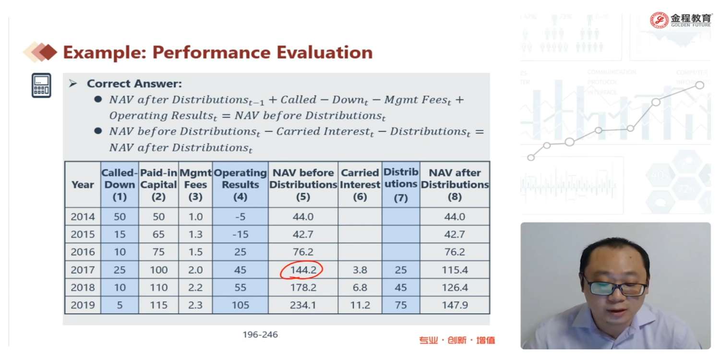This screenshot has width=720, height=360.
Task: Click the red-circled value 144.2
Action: point(303,270)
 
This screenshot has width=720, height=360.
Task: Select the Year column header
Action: point(83,185)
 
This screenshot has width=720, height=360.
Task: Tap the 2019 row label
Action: point(83,305)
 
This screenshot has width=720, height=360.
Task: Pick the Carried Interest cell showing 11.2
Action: point(360,305)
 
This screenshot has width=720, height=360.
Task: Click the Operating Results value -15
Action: point(240,235)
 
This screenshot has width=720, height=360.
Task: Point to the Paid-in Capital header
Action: point(158,185)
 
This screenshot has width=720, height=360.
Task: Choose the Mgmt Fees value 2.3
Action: point(195,305)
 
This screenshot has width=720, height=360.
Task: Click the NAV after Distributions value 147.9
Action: point(455,305)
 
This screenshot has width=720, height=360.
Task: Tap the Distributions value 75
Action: point(400,305)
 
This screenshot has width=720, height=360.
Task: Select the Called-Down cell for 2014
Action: point(120,217)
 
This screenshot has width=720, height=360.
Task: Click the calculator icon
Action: point(41,85)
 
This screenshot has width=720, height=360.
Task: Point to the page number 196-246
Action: point(260,335)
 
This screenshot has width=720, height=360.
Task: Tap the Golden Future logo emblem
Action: point(659,20)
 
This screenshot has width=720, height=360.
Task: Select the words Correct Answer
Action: point(134,84)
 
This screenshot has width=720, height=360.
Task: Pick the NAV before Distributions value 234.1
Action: point(303,305)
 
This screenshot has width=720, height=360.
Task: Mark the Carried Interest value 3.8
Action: point(360,270)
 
